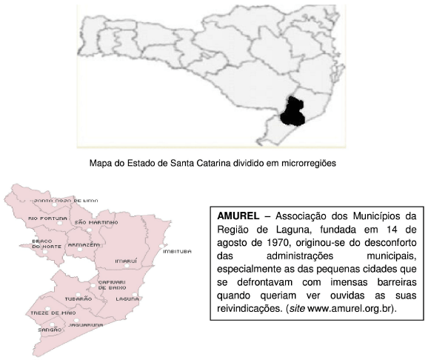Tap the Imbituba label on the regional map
pyautogui.click(x=176, y=252)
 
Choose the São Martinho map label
pyautogui.click(x=96, y=222)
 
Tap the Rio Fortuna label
pyautogui.click(x=43, y=219)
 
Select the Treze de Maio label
pyautogui.click(x=29, y=313)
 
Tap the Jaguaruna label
pyautogui.click(x=87, y=324)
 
